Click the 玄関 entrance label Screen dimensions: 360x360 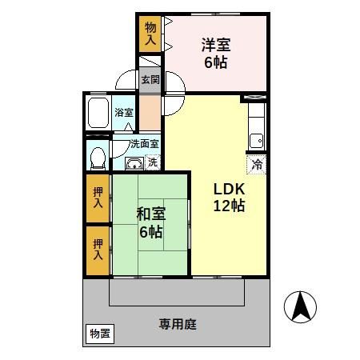(150, 80)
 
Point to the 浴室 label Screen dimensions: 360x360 (123, 113)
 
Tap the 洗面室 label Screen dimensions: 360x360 (145, 145)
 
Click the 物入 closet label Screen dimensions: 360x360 (150, 33)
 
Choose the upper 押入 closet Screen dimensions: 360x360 (98, 198)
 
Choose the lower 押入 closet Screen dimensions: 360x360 (98, 250)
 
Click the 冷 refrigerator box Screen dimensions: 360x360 (257, 164)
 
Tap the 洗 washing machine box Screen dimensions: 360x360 (152, 162)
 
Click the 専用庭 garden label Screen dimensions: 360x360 (178, 326)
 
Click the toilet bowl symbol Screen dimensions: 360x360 (98, 156)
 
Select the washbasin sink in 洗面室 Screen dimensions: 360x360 (134, 164)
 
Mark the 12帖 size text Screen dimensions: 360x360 (228, 206)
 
